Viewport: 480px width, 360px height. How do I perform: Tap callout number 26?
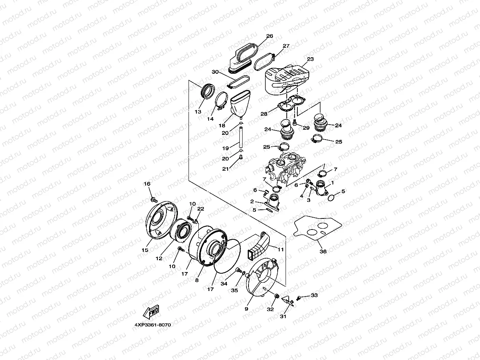[x=269, y=36]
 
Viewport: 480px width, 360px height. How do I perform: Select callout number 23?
[x=310, y=59]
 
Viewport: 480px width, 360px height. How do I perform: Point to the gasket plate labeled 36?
[x=318, y=229]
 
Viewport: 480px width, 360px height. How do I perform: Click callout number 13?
[x=198, y=112]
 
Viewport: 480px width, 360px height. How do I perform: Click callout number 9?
[x=246, y=309]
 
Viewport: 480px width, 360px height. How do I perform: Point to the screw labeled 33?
[x=299, y=298]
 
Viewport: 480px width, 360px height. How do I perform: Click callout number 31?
[x=283, y=316]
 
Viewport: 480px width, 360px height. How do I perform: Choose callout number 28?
[x=263, y=114]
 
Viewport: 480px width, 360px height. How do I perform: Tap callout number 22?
[x=201, y=209]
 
